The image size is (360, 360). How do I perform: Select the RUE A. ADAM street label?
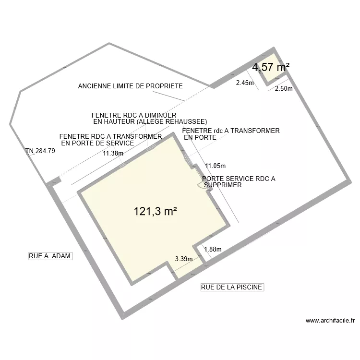coord(50,256)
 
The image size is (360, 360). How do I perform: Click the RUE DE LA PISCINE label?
coord(232,287)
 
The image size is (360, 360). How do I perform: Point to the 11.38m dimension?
coord(113,154)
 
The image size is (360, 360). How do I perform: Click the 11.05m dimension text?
coord(216,166)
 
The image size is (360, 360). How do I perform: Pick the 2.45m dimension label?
coord(245,83)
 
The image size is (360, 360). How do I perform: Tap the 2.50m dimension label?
coord(284,88)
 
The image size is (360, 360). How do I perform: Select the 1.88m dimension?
coord(213,249)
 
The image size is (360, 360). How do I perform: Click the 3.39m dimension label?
coord(183,259)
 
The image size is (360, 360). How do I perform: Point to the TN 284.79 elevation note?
coord(40,151)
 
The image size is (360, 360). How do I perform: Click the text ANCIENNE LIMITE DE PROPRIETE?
coord(130,86)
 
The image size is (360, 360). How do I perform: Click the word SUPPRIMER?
coord(223,185)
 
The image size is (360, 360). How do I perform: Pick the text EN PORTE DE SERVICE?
coord(97,143)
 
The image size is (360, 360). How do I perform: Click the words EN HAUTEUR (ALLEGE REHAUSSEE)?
coord(150,122)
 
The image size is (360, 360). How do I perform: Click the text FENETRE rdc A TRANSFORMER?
coord(231,131)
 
